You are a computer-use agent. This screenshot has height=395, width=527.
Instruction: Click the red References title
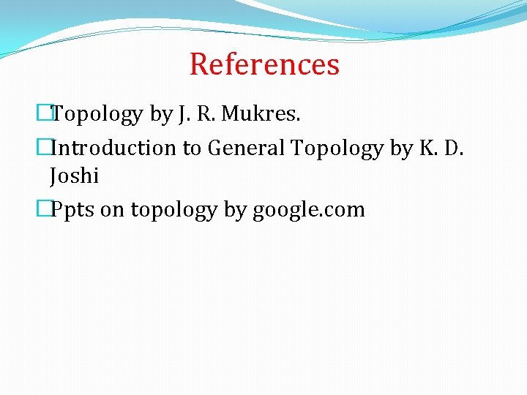tap(264, 64)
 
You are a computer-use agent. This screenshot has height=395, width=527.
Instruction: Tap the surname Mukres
tap(261, 114)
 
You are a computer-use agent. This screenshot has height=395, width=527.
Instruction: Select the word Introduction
tap(115, 148)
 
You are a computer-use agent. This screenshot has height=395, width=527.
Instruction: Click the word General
tap(247, 148)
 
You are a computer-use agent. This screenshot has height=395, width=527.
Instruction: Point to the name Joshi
tap(74, 176)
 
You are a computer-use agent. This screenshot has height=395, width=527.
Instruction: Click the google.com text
tap(308, 211)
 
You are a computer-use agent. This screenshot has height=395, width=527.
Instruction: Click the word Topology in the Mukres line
tap(97, 114)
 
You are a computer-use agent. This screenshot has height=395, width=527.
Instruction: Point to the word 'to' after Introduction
tap(192, 148)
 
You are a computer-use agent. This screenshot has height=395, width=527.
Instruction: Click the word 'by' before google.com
tap(235, 211)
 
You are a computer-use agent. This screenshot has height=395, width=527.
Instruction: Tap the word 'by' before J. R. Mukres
tap(160, 115)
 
